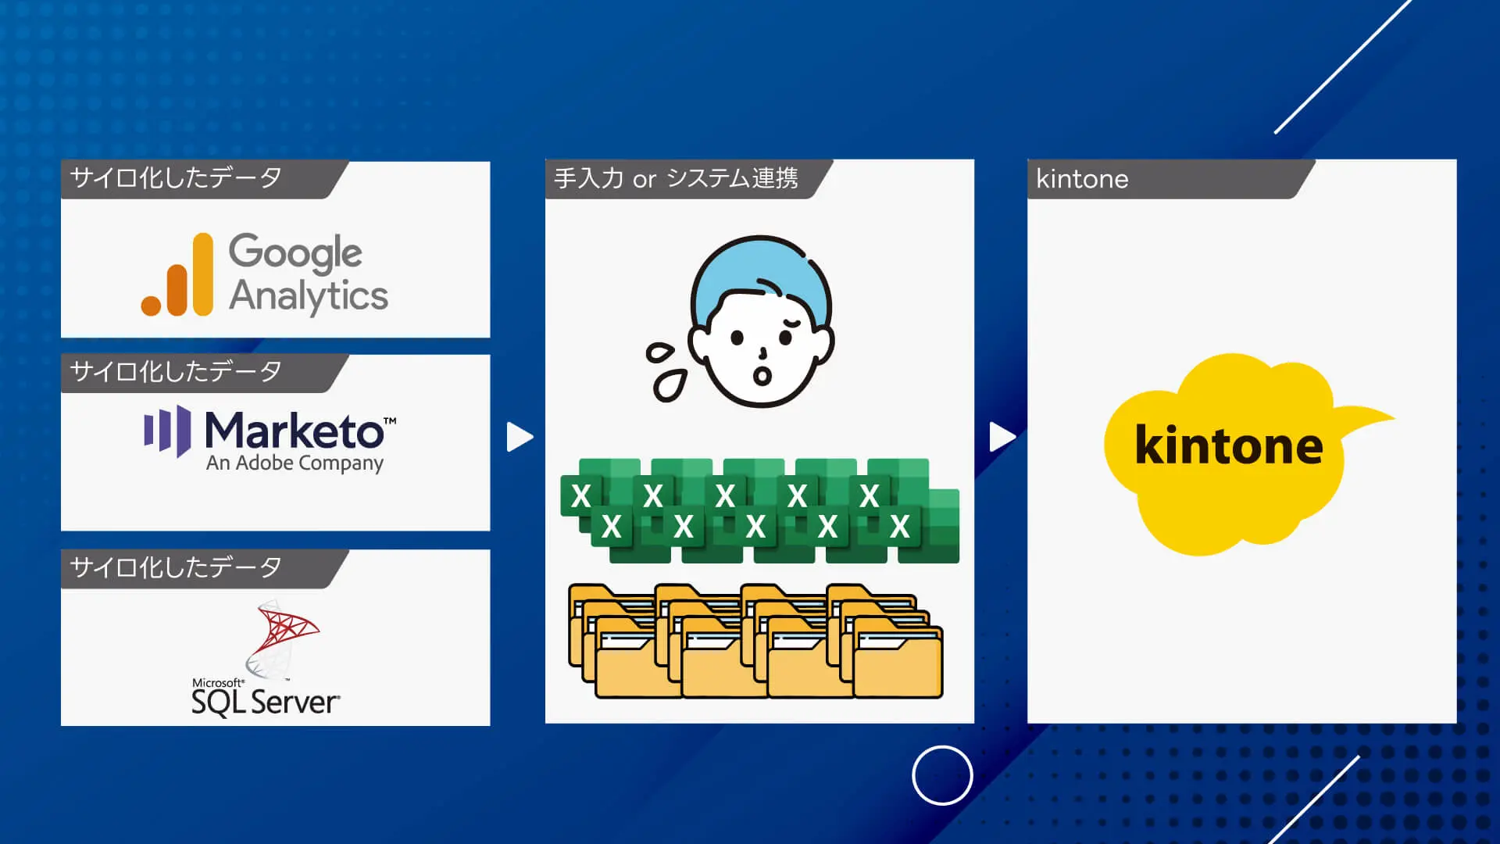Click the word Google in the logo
click(295, 252)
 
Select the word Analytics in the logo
click(308, 296)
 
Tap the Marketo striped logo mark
click(168, 430)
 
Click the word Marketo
click(294, 431)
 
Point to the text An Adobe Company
click(295, 463)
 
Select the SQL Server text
click(265, 702)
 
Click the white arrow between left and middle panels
click(519, 437)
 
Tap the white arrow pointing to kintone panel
click(1002, 437)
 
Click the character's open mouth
click(762, 377)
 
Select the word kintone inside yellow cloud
click(1228, 445)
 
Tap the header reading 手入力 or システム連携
click(677, 179)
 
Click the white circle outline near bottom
click(942, 775)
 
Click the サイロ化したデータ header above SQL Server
click(177, 567)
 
